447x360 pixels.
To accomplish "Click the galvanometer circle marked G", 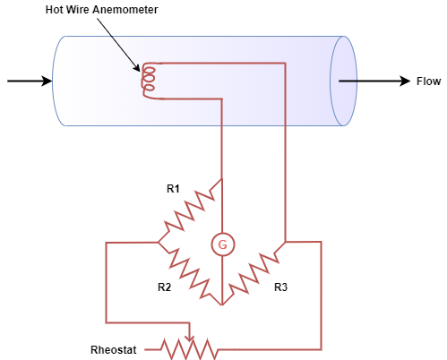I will pos(222,244).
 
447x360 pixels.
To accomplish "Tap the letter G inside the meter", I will pos(222,245).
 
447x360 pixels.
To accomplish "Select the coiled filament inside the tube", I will pos(149,81).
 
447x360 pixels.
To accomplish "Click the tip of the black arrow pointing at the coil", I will pos(140,71).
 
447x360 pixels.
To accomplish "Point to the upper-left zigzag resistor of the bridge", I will pos(190,211).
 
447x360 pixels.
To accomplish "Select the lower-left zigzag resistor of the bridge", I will pos(190,273).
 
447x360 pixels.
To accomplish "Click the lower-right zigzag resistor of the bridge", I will pos(254,273).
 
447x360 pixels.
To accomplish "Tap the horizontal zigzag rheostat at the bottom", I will pos(188,349).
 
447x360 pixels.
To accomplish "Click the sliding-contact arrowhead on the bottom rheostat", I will pos(189,338).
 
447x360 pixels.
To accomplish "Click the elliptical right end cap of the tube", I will pos(343,81).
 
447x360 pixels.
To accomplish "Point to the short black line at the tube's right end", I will pos(348,81).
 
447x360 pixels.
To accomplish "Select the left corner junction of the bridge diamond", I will pos(159,242).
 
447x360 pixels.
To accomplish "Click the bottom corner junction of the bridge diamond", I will pos(222,304).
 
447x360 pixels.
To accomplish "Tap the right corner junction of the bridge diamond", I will pos(286,242).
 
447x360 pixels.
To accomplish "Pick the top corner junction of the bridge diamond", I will pos(222,180).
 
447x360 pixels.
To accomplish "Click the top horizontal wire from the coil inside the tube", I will pos(224,64).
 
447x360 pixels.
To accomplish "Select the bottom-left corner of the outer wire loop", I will pos(107,322).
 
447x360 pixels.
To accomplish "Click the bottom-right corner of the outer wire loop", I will pos(321,349).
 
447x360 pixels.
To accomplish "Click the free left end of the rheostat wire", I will pos(146,349).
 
